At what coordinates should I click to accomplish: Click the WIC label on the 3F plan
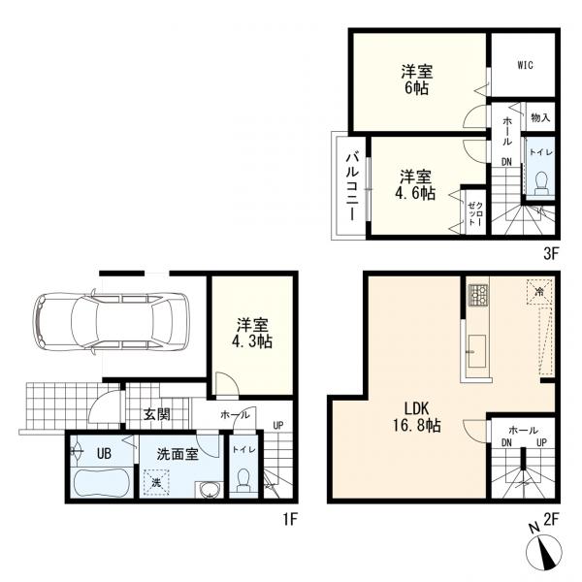pos(525,65)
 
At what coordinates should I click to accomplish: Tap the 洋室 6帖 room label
pos(417,80)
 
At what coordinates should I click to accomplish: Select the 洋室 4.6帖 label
pos(416,185)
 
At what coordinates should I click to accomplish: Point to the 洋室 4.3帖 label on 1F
pos(252,334)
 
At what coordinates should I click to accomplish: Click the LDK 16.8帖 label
pos(417,417)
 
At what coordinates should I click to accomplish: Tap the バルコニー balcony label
pos(352,186)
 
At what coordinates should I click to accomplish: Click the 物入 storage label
pos(540,118)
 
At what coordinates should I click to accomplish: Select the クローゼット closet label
pos(475,213)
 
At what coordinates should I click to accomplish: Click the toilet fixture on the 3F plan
pos(541,182)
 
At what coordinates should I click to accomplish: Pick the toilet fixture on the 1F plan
pos(243,480)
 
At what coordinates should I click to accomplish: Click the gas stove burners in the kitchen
pos(478,295)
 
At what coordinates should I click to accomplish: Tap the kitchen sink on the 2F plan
pos(477,351)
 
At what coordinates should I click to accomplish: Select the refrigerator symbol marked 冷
pos(539,291)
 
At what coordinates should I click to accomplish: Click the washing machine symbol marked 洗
pos(156,482)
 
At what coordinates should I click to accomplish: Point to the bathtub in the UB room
pos(101,483)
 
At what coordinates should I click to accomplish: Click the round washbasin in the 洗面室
pos(210,490)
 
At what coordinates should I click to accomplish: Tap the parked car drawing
pos(111,321)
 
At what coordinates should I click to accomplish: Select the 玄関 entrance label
pos(157,414)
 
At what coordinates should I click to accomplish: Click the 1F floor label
pos(290,519)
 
